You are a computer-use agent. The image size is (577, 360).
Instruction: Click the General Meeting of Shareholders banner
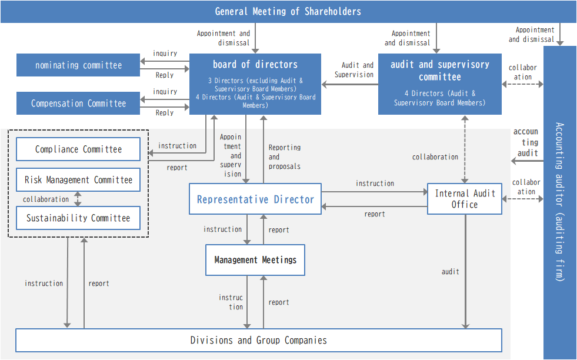pyautogui.click(x=288, y=12)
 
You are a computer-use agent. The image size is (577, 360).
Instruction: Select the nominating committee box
pyautogui.click(x=78, y=65)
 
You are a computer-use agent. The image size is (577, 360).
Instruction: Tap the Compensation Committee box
pyautogui.click(x=78, y=103)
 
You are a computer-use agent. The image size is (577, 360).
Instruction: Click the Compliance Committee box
pyautogui.click(x=78, y=149)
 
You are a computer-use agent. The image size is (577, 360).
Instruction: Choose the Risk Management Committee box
pyautogui.click(x=78, y=179)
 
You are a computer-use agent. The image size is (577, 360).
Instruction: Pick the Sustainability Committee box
pyautogui.click(x=78, y=218)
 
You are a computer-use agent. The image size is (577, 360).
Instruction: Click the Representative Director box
pyautogui.click(x=255, y=199)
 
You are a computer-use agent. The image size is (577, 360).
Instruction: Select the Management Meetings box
pyautogui.click(x=255, y=260)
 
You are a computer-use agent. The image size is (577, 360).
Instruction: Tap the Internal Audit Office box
pyautogui.click(x=465, y=199)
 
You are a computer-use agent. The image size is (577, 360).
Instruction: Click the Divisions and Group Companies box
pyautogui.click(x=259, y=340)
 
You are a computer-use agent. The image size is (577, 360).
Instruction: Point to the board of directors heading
pyautogui.click(x=255, y=65)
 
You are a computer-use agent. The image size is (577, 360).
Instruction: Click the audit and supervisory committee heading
pyautogui.click(x=440, y=71)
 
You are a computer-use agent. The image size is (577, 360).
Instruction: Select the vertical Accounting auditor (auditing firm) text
pyautogui.click(x=560, y=202)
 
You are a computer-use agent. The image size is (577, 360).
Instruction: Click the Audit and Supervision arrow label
pyautogui.click(x=354, y=69)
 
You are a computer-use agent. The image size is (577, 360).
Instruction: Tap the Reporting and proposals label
pyautogui.click(x=285, y=157)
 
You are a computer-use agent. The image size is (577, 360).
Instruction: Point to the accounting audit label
pyautogui.click(x=526, y=142)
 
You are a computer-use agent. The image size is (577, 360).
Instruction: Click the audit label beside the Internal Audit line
pyautogui.click(x=451, y=272)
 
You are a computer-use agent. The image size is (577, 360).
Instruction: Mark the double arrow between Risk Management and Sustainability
pyautogui.click(x=78, y=199)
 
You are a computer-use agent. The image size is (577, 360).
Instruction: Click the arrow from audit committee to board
pyautogui.click(x=350, y=84)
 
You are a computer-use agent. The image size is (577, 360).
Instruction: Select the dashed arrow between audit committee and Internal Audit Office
pyautogui.click(x=465, y=149)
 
